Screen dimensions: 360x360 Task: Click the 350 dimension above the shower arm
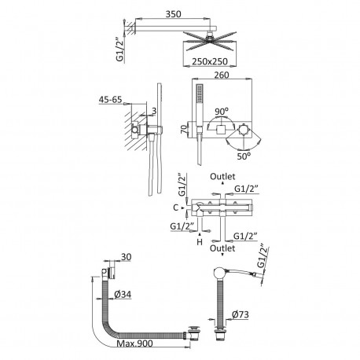point(173,14)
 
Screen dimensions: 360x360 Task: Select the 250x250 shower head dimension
point(210,61)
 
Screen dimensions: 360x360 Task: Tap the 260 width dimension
point(222,75)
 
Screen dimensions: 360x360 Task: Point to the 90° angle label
point(222,112)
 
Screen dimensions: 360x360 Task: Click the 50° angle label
point(244,156)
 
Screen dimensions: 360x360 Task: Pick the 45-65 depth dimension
point(110,100)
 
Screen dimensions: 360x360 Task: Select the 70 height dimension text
point(185,129)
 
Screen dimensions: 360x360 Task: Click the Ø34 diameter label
point(123,295)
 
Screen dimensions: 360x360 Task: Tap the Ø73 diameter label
point(241,314)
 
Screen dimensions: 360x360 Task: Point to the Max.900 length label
point(134,343)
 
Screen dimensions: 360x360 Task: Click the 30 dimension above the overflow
point(126,257)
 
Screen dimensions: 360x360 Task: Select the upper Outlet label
point(222,177)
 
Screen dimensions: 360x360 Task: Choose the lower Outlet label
point(222,248)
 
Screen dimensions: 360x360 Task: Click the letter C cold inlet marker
point(176,208)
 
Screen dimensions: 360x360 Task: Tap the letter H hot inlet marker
point(200,242)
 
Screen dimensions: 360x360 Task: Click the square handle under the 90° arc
point(221,130)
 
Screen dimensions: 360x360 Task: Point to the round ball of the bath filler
point(219,274)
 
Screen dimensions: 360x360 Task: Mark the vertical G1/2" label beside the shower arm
point(119,50)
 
